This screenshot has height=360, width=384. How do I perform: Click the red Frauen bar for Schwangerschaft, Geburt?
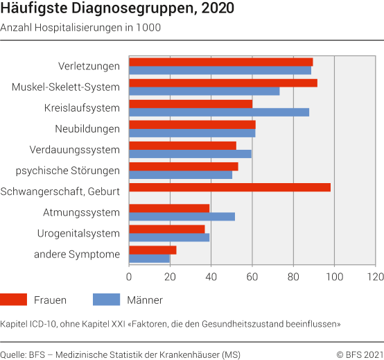coord(229,187)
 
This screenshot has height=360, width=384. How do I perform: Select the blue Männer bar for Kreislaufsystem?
coord(219,112)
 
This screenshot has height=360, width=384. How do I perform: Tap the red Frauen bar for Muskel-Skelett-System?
coord(223,83)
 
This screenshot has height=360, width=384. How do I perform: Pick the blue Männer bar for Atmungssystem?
coord(182,216)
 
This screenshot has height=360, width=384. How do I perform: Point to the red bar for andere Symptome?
coord(152,250)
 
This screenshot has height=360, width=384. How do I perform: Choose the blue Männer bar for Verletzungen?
coord(220,70)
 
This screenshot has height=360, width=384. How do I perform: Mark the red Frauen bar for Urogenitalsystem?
coord(167,229)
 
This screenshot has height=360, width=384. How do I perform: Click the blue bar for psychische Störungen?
coord(180,175)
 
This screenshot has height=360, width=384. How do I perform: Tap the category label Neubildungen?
coord(87,128)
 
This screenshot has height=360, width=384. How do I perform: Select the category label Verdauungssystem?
coord(75,149)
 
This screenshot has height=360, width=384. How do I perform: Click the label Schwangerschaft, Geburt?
coord(60,191)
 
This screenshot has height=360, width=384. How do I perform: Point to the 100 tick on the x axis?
coord(335,277)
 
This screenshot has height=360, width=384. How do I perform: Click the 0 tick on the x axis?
coord(129,277)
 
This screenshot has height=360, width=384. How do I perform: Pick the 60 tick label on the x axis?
coord(252,277)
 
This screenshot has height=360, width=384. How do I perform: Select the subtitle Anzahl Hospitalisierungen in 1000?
coord(80,28)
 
